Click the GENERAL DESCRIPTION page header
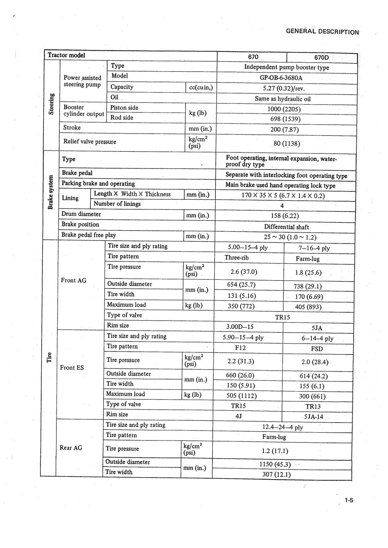click(322, 32)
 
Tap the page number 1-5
click(349, 500)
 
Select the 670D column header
click(321, 58)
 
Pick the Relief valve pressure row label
click(90, 141)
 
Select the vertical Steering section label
click(51, 104)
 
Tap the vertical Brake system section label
click(51, 192)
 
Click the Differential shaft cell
click(286, 227)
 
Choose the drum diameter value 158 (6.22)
click(284, 216)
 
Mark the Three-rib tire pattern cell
click(236, 258)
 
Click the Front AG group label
click(73, 281)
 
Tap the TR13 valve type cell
click(313, 407)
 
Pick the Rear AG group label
click(71, 448)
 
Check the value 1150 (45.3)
click(275, 464)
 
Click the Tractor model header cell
click(67, 55)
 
